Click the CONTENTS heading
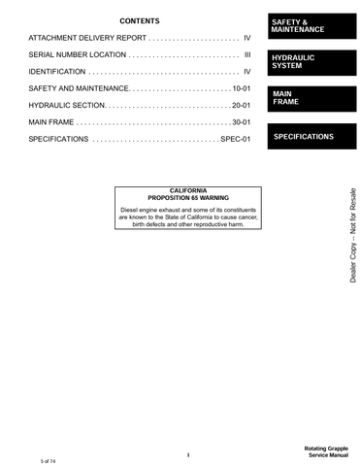tap(140, 20)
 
